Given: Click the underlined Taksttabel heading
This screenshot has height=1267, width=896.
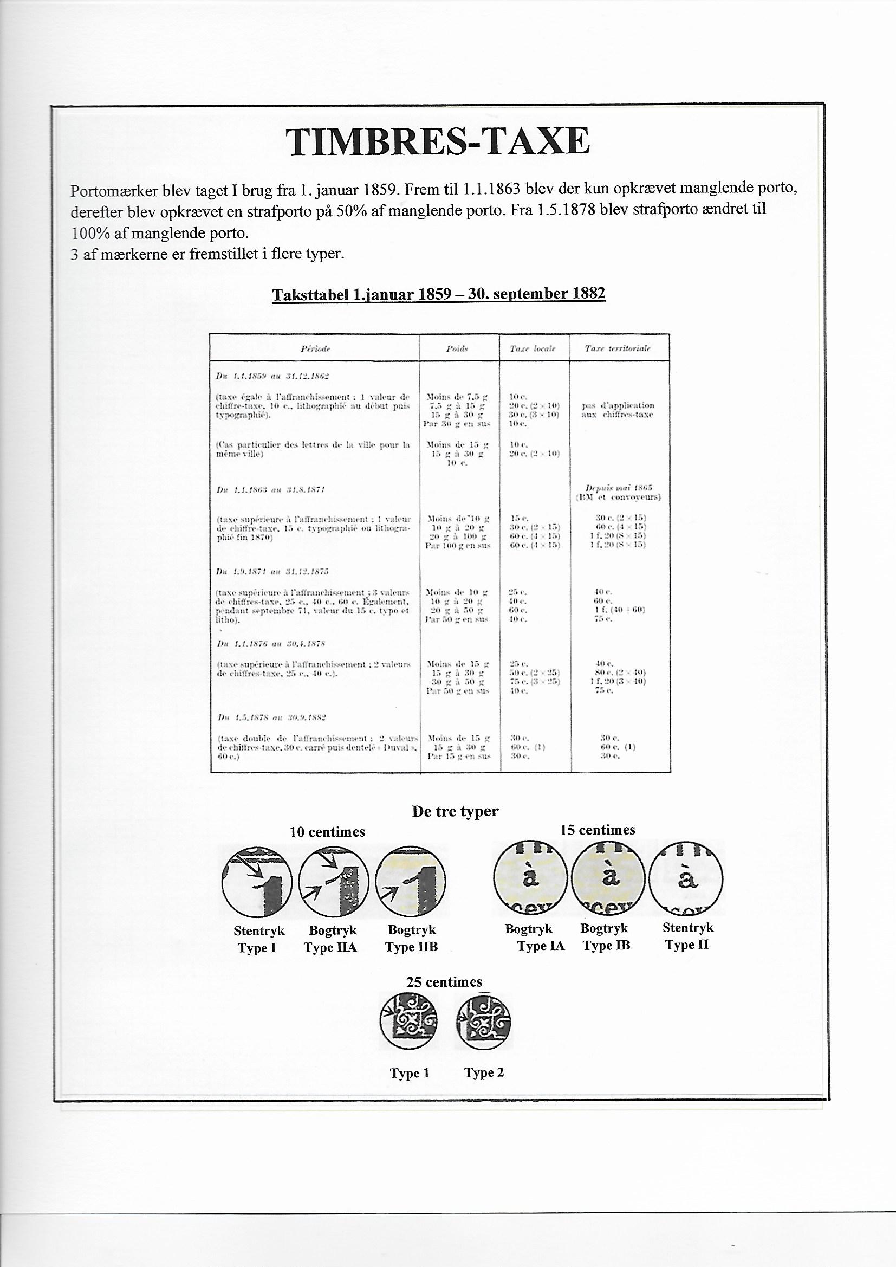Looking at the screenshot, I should (439, 294).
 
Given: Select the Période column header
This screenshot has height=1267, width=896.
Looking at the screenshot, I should (315, 349).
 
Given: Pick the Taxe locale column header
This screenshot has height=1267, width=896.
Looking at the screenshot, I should (534, 349).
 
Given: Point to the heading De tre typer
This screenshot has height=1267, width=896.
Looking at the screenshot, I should (455, 811).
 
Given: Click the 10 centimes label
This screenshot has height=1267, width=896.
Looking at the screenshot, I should (327, 832).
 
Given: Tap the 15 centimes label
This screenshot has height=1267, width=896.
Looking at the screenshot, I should (597, 830).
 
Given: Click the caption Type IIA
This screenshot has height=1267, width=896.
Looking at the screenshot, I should (330, 947).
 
